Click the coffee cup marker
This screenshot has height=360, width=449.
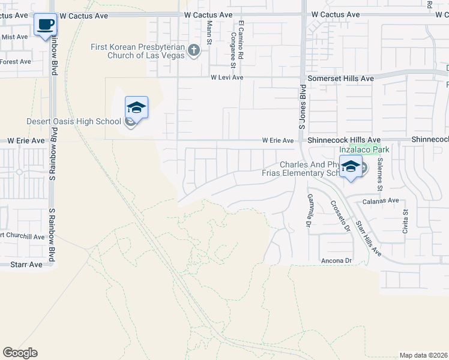click(x=46, y=25)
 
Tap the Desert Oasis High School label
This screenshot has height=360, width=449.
click(x=74, y=121)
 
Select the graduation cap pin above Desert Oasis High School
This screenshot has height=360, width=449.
click(x=136, y=109)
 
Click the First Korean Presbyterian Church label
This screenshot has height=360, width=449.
click(x=138, y=51)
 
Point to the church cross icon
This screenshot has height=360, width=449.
click(x=193, y=51)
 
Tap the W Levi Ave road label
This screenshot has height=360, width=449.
click(x=226, y=77)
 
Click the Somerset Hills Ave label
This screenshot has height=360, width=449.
click(x=340, y=79)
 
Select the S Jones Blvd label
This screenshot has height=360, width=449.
click(x=304, y=107)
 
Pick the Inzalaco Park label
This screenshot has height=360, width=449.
click(x=364, y=149)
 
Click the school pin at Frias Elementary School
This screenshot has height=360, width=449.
click(x=351, y=167)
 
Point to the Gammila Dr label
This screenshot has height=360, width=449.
click(x=310, y=211)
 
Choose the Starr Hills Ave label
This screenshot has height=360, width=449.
click(x=369, y=238)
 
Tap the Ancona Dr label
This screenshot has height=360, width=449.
click(x=336, y=260)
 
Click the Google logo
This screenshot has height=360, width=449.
click(x=20, y=353)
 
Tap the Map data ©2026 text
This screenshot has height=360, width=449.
click(x=423, y=355)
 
